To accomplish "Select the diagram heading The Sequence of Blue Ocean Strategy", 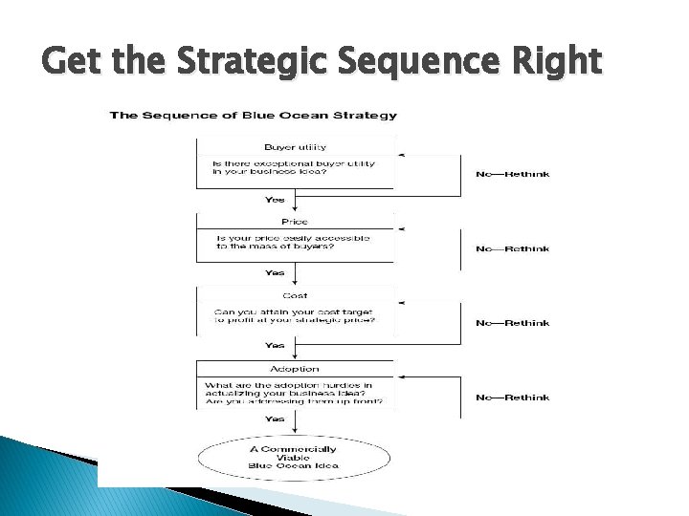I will click(253, 116).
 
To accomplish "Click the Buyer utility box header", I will click(295, 146).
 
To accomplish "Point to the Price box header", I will click(295, 222).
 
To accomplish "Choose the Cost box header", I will click(295, 296).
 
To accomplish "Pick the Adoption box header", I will click(295, 369).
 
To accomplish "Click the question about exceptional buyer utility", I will click(294, 168).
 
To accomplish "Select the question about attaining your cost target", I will click(295, 316).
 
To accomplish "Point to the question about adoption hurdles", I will click(295, 395).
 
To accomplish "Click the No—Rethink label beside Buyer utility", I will click(513, 174).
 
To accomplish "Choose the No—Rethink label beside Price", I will click(513, 248).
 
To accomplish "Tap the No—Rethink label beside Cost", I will click(513, 323).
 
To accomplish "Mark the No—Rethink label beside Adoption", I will click(513, 398).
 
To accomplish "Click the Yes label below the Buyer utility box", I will click(275, 201).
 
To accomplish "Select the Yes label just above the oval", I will click(275, 419).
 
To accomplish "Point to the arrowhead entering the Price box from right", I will click(400, 229).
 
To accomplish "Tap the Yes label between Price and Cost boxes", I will click(275, 273).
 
